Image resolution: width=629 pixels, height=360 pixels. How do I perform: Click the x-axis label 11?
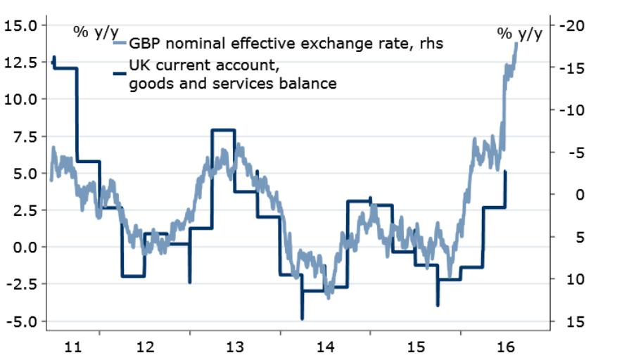[73, 347]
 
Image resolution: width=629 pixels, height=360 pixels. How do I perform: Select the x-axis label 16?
[504, 347]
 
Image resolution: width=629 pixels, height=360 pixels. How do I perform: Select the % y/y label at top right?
[520, 32]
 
